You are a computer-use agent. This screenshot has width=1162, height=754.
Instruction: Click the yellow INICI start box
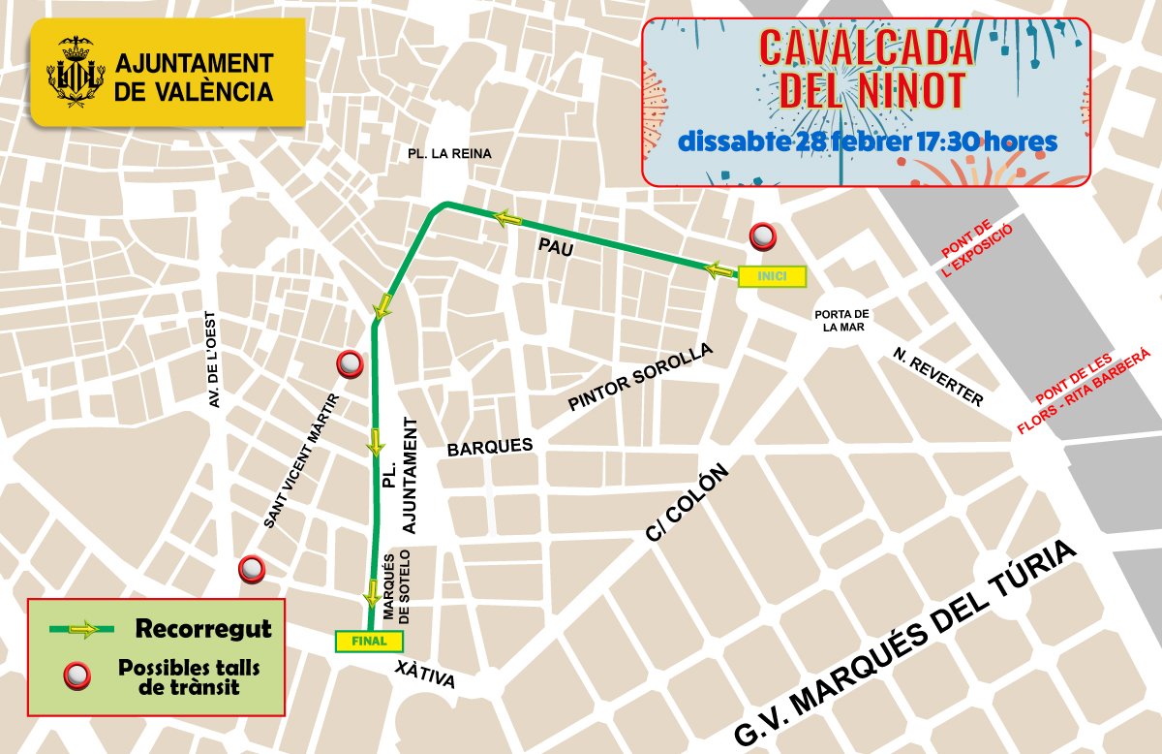click(x=771, y=277)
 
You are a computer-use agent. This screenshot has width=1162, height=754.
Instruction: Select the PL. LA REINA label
click(x=450, y=153)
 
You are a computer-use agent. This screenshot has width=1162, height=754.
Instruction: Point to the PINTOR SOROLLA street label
click(x=640, y=377)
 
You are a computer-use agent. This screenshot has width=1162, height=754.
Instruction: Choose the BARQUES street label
click(x=489, y=447)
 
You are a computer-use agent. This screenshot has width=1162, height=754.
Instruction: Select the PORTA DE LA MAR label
click(x=841, y=321)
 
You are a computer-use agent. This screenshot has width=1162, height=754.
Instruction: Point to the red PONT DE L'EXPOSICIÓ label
click(x=977, y=251)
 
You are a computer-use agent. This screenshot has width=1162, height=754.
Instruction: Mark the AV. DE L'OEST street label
click(x=214, y=360)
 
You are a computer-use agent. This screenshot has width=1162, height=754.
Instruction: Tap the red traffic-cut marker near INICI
click(x=763, y=236)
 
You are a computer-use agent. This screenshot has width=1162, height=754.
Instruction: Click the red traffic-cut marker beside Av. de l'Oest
click(x=252, y=570)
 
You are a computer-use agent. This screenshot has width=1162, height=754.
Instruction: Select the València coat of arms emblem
click(x=76, y=75)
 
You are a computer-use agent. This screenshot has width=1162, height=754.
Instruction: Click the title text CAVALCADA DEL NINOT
click(x=866, y=69)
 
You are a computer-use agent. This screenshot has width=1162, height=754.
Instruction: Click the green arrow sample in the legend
click(x=82, y=630)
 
